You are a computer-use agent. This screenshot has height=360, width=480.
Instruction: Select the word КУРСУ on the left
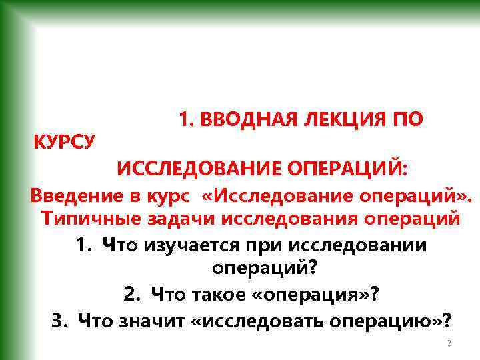click(x=64, y=142)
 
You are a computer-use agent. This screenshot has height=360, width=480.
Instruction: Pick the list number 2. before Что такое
click(x=131, y=293)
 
